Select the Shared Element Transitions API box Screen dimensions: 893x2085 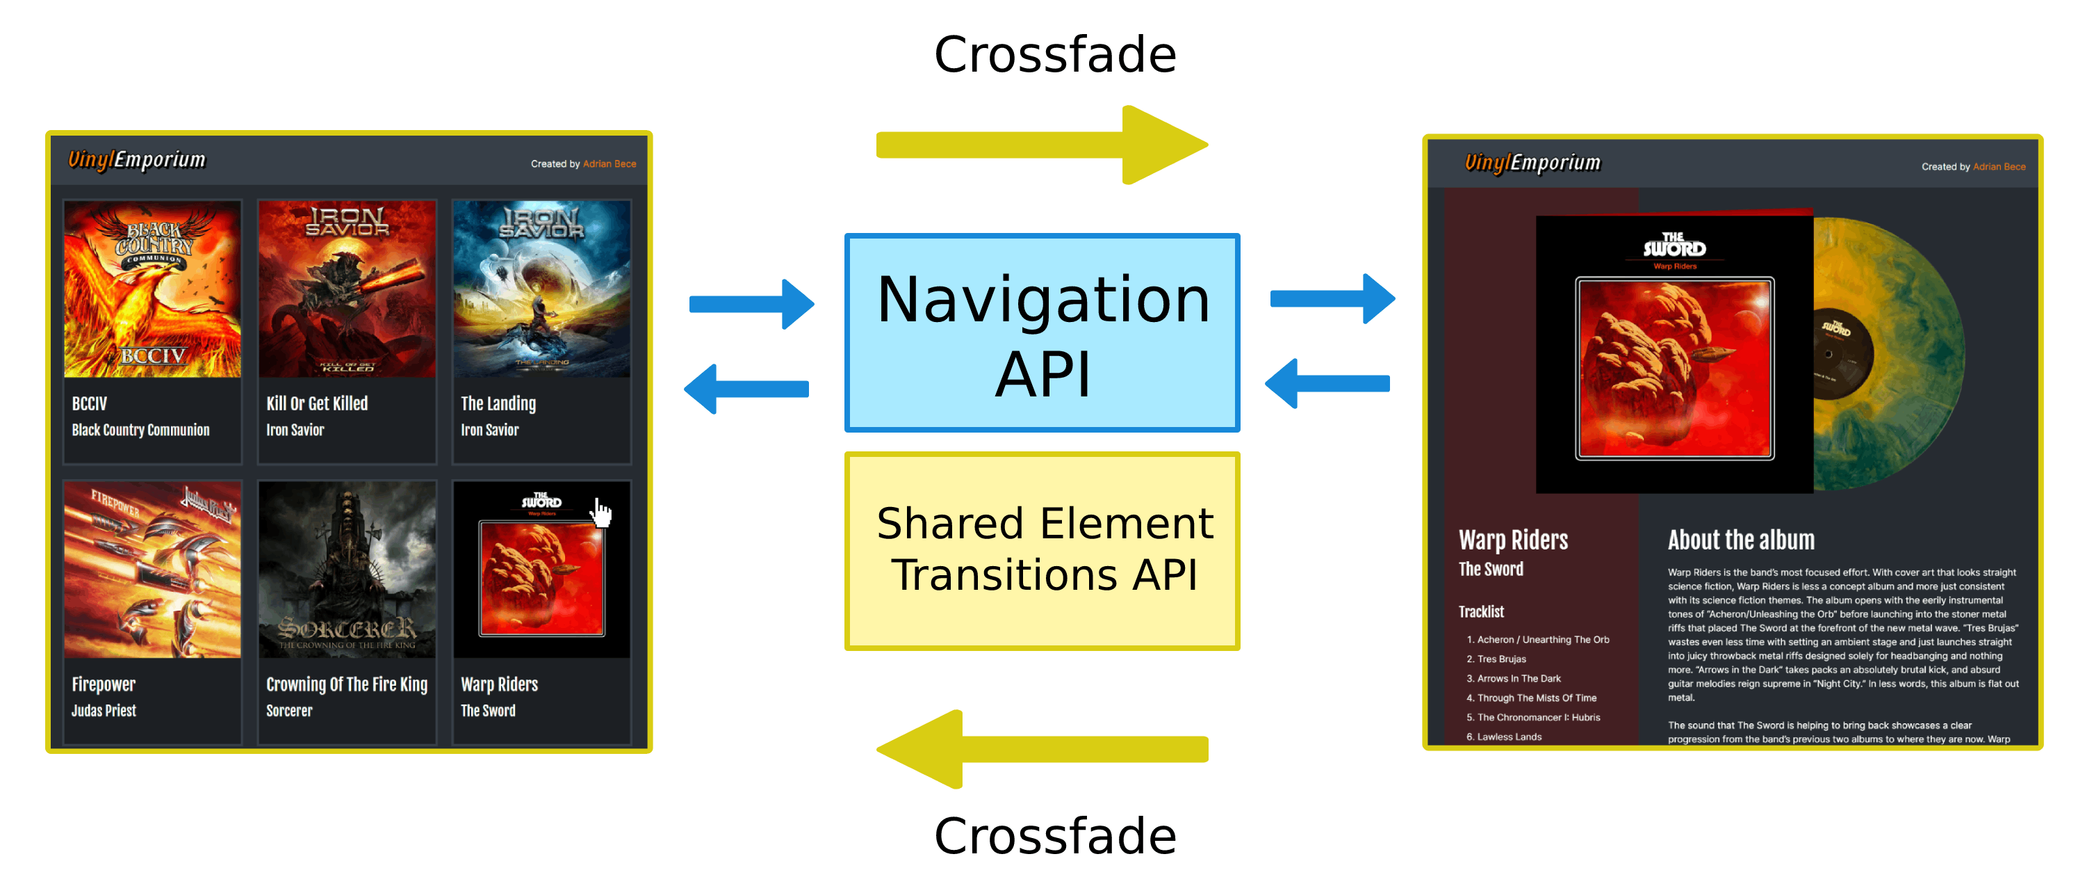click(x=1042, y=551)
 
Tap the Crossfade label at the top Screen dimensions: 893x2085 click(x=1054, y=55)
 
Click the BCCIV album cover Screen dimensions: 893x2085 click(x=152, y=289)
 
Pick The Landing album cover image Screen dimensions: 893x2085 click(x=541, y=289)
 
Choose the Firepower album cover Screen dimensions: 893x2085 click(x=152, y=569)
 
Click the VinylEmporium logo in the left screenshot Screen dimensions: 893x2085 click(x=137, y=159)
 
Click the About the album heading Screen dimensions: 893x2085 click(x=1740, y=540)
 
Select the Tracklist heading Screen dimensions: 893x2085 click(x=1480, y=612)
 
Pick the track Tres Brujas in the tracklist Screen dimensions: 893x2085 click(x=1501, y=659)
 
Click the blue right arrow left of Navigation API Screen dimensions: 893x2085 click(x=751, y=305)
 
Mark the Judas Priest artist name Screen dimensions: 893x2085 click(x=104, y=711)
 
